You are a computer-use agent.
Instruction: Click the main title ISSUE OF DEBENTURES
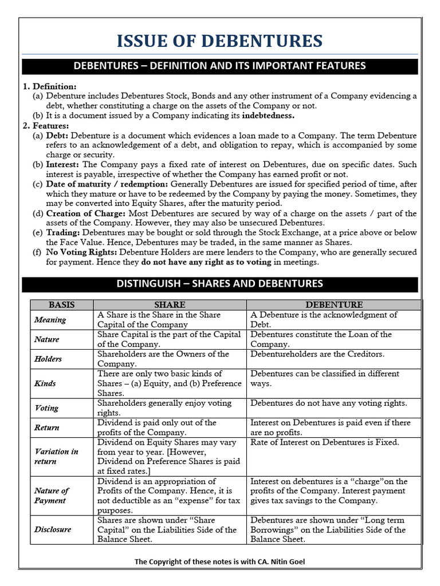click(x=219, y=41)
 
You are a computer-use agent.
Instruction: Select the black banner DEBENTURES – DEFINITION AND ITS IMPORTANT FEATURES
click(x=219, y=66)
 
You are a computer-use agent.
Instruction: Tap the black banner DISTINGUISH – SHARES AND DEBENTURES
click(x=219, y=284)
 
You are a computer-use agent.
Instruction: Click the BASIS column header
click(x=61, y=305)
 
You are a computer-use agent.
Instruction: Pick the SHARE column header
click(x=170, y=305)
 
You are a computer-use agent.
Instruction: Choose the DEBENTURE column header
click(x=334, y=305)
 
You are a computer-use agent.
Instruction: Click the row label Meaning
click(x=50, y=320)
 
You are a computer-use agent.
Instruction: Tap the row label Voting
click(x=46, y=408)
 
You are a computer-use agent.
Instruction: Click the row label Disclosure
click(x=53, y=529)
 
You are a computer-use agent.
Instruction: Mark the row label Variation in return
click(x=56, y=456)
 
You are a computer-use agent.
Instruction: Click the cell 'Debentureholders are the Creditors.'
click(x=317, y=354)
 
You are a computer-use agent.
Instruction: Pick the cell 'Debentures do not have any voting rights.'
click(x=329, y=403)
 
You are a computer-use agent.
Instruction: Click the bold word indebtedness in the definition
click(x=268, y=116)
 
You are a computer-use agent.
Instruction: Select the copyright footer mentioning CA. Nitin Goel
click(x=219, y=561)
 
